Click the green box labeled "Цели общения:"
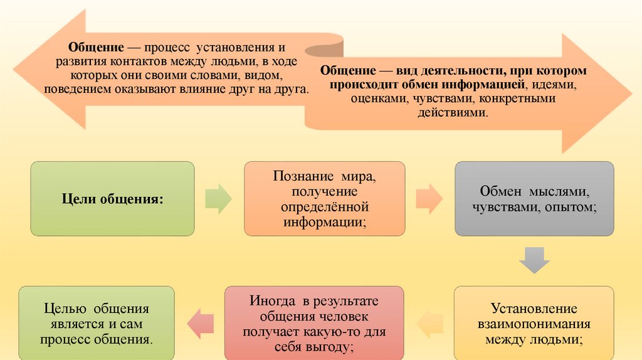point(112,198)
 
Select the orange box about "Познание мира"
point(324,198)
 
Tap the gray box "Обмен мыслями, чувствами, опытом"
point(534,198)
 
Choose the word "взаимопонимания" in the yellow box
point(534,324)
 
